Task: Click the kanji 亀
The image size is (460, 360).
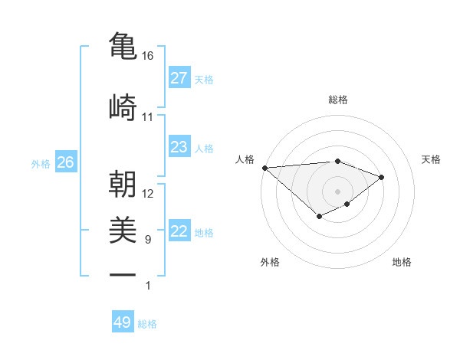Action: [x=123, y=45]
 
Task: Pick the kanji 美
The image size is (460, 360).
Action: [x=123, y=229]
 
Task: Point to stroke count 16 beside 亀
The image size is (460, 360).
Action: [x=148, y=56]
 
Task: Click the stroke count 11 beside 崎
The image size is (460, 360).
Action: [x=148, y=117]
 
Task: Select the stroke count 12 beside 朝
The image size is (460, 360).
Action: [x=148, y=194]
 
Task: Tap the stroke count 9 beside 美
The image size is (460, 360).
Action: [x=148, y=240]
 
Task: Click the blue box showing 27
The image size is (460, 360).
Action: [x=179, y=78]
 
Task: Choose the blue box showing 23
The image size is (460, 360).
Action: [x=179, y=147]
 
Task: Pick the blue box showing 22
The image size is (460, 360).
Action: [x=179, y=231]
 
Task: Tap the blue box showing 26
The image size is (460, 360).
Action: [x=65, y=162]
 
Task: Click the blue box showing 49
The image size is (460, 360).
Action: [x=123, y=322]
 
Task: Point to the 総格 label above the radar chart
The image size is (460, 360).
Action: [x=338, y=100]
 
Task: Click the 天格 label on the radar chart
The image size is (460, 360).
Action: [x=432, y=159]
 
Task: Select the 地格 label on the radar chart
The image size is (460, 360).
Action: [x=402, y=263]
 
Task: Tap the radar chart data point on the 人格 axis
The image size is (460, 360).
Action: [x=264, y=168]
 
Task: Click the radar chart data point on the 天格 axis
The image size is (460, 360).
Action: [x=382, y=177]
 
